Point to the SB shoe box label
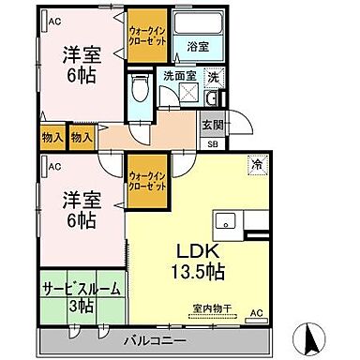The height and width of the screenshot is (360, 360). pyautogui.click(x=211, y=144)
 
